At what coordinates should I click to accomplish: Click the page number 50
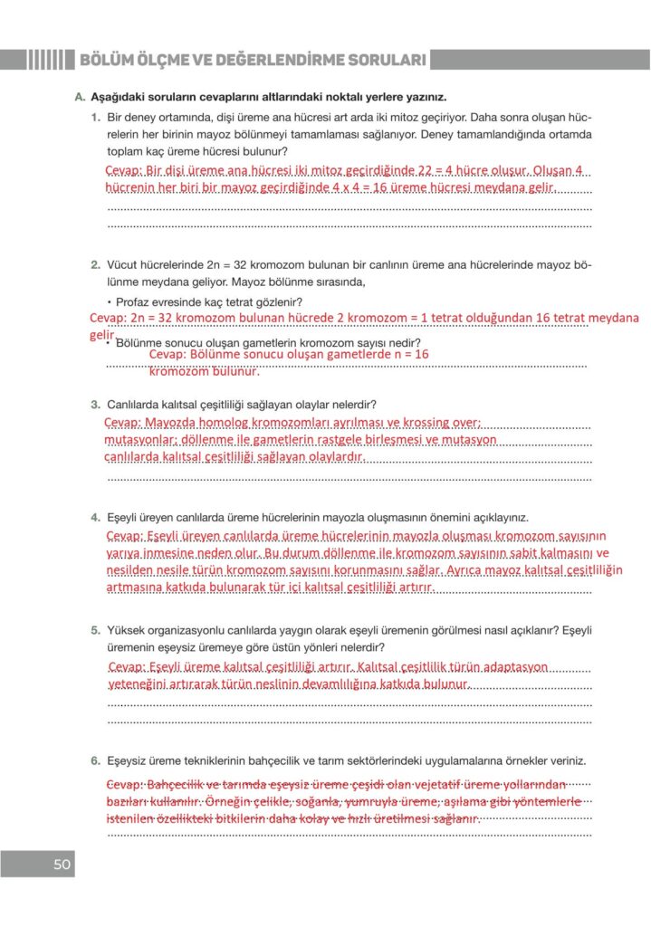[x=62, y=864]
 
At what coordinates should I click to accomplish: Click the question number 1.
[x=95, y=118]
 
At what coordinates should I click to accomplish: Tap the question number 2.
[x=95, y=265]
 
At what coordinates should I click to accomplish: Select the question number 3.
[x=95, y=404]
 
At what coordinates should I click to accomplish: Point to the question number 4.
[x=95, y=517]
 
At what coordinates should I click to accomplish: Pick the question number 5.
[x=95, y=629]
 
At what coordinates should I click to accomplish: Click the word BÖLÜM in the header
[x=109, y=61]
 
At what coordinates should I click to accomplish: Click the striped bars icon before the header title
[x=46, y=61]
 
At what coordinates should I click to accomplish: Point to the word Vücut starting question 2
[x=123, y=265]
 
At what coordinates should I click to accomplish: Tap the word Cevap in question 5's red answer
[x=126, y=667]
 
